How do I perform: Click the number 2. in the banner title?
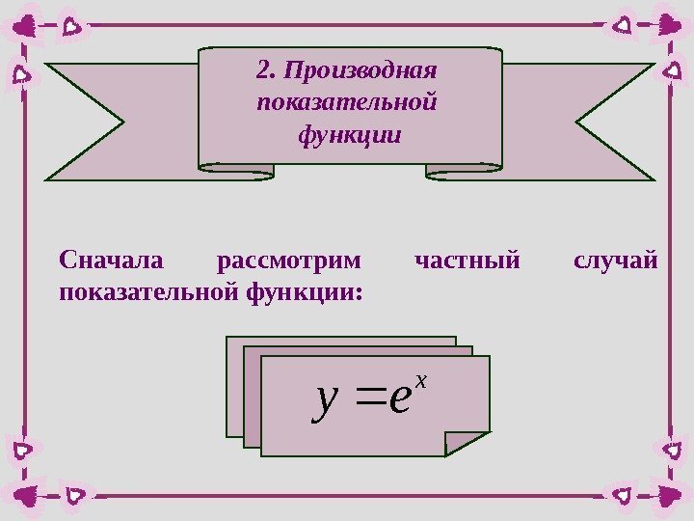(266, 70)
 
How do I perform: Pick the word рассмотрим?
(292, 260)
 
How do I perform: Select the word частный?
(467, 260)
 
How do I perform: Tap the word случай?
(615, 260)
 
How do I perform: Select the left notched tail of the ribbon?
(87, 121)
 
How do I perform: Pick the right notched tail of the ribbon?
(614, 121)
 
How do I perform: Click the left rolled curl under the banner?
(237, 170)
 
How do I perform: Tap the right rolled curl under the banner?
(463, 170)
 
